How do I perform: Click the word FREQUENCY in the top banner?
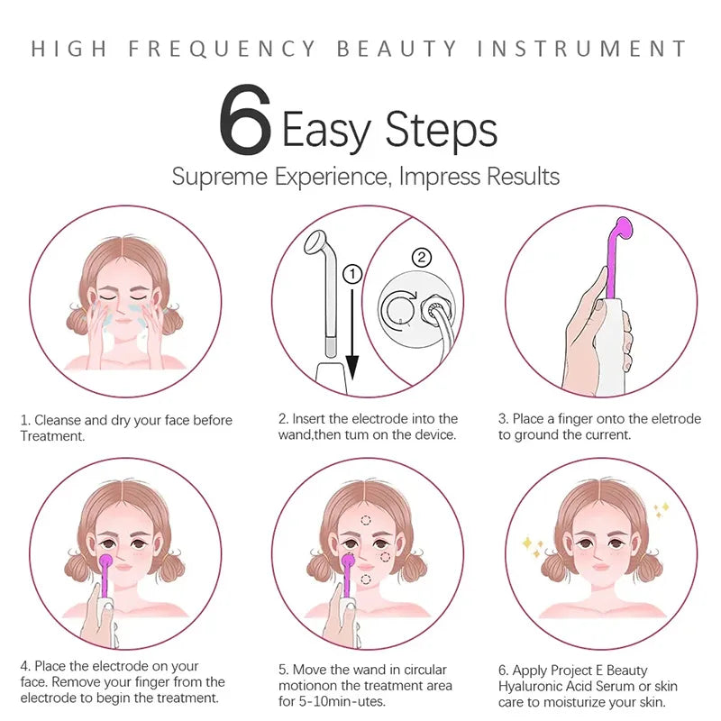click(x=224, y=49)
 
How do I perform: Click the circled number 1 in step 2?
click(x=352, y=271)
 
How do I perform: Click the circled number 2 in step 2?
click(x=421, y=258)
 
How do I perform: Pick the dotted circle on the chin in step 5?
click(x=366, y=579)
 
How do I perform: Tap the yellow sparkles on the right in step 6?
click(x=661, y=510)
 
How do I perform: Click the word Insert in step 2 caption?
click(x=312, y=419)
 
